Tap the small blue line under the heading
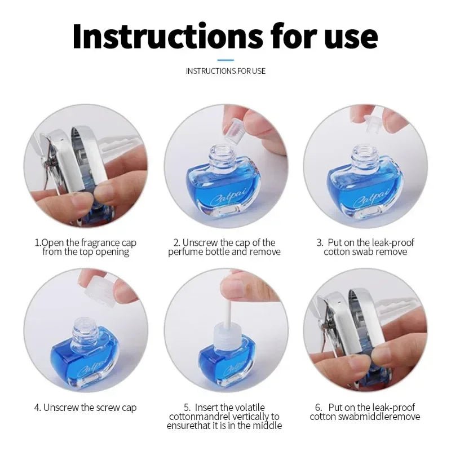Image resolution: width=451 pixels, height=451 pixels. click(225, 59)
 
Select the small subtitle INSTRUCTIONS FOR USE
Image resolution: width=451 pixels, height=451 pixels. click(225, 71)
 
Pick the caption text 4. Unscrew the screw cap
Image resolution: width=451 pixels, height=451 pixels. click(86, 407)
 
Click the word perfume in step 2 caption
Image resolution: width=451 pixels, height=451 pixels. click(186, 252)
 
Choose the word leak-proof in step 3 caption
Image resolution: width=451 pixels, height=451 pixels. click(390, 243)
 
